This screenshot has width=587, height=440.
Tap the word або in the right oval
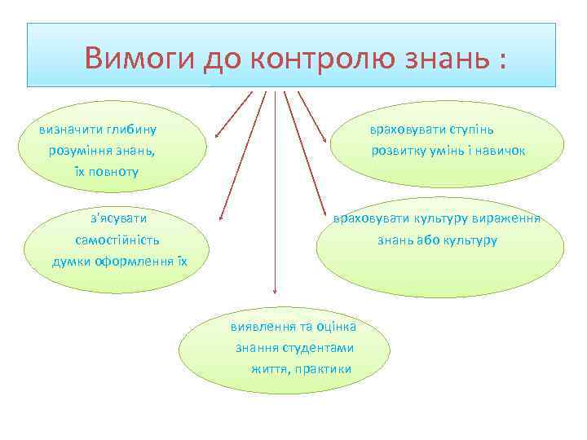(428, 240)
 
